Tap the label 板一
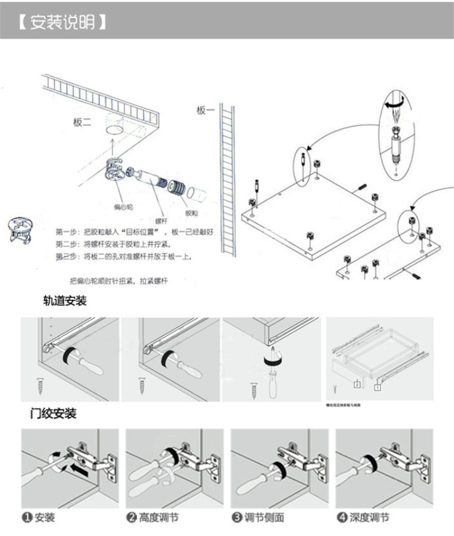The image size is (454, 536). click(205, 111)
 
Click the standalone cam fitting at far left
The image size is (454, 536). click(19, 231)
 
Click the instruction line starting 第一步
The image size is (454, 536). click(134, 232)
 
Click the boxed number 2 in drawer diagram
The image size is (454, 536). click(357, 384)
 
